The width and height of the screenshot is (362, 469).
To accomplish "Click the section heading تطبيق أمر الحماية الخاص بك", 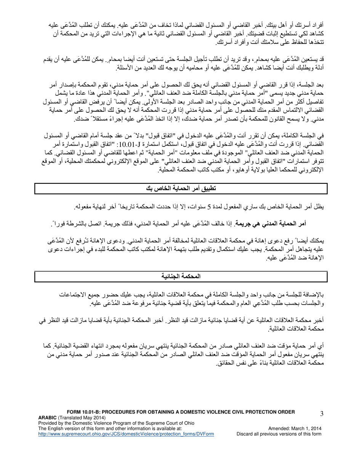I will pos(181,188).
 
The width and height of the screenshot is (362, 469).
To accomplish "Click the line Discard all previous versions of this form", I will pos(279,445).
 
